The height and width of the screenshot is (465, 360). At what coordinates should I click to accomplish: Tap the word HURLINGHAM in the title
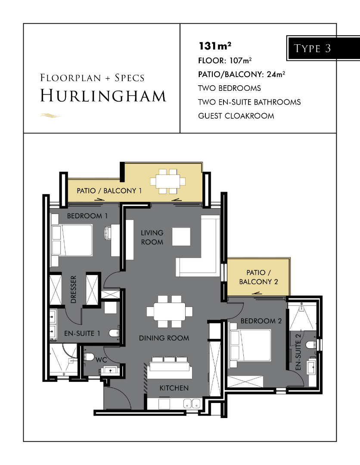[103, 96]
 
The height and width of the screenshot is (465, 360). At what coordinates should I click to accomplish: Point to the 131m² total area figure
[215, 46]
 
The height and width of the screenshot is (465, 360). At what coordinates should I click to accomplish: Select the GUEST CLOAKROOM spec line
[236, 116]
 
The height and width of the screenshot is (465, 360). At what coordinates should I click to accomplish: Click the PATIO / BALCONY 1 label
[109, 191]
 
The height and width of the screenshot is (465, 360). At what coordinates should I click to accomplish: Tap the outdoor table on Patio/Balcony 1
[168, 181]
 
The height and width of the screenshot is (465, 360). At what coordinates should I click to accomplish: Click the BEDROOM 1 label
[87, 216]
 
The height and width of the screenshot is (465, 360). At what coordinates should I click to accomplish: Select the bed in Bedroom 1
[72, 240]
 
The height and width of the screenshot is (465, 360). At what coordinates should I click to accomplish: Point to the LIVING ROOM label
[152, 237]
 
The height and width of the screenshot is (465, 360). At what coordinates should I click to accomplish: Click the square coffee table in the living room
[181, 236]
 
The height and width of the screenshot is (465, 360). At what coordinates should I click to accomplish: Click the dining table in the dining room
[170, 311]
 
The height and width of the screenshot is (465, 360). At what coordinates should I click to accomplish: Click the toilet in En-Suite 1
[114, 333]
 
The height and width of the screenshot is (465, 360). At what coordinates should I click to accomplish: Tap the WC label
[101, 360]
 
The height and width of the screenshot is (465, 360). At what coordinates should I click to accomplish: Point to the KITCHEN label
[174, 388]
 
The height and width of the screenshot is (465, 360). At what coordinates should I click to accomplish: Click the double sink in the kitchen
[192, 403]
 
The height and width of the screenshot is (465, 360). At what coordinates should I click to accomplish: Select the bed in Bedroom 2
[250, 345]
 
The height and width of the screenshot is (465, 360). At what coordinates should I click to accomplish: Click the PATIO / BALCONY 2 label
[258, 277]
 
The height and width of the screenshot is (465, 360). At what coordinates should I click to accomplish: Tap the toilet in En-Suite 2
[311, 344]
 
